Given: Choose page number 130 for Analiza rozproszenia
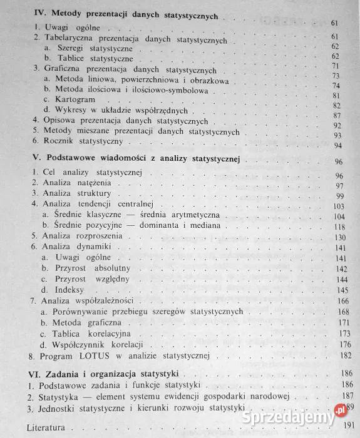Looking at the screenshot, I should coord(339,237).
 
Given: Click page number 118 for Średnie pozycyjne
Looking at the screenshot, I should coord(339,226).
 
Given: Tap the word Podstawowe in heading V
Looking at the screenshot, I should coord(71,161).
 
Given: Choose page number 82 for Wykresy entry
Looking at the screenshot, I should coord(339,106).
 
